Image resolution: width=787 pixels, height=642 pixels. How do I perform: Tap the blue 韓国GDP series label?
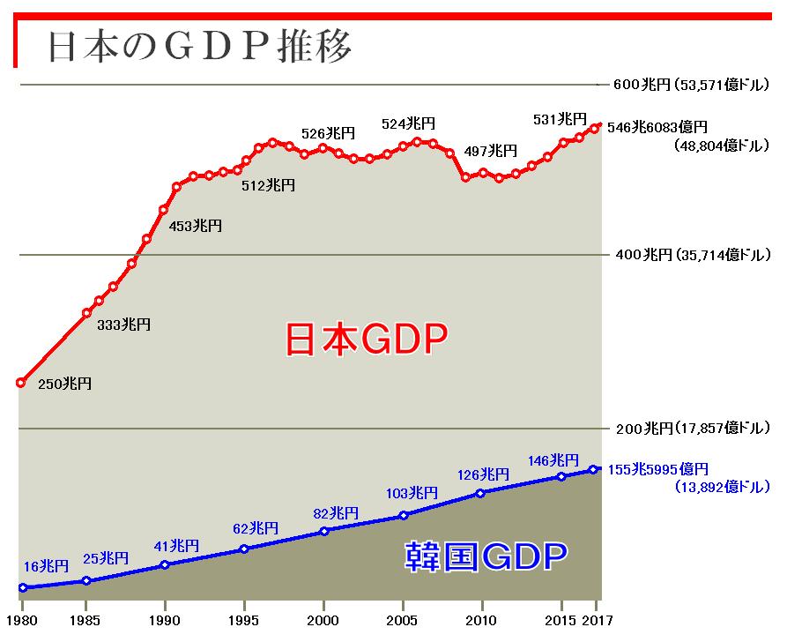pos(486,557)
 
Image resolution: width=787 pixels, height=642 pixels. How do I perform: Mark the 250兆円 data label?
pos(64,384)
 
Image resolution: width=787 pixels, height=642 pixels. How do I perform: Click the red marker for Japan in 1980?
pos(21,382)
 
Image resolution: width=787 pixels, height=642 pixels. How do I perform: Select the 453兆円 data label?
pos(195,226)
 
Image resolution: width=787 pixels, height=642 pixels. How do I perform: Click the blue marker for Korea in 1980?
pos(23,587)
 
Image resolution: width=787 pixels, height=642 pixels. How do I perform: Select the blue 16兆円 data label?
pos(46,566)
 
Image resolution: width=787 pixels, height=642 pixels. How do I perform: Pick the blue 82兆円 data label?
pos(336,512)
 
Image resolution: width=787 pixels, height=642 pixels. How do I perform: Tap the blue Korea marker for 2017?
pos(594,469)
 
